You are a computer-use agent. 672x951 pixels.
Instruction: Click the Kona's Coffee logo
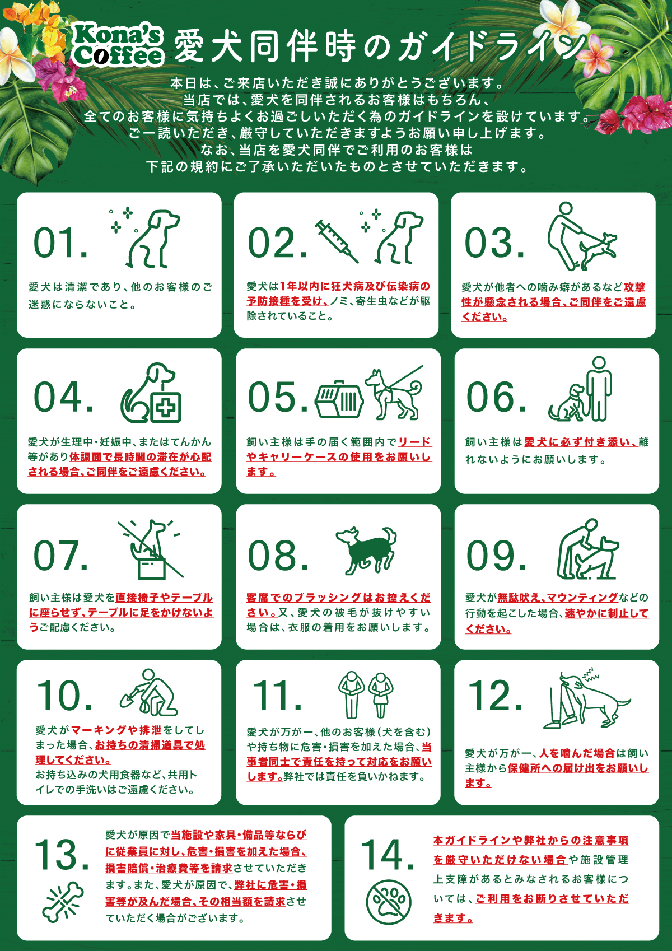click(118, 45)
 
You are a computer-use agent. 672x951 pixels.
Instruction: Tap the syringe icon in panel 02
click(337, 241)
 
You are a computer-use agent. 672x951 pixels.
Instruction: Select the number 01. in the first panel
click(60, 243)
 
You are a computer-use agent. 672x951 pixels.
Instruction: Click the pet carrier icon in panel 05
click(339, 399)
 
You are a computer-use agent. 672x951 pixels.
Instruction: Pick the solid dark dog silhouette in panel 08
click(366, 550)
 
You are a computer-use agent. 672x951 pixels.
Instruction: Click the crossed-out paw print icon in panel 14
click(389, 902)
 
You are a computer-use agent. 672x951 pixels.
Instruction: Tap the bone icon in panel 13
click(62, 902)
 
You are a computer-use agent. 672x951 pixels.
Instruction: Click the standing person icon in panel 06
click(599, 389)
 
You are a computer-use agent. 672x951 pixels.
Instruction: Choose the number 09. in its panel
click(496, 555)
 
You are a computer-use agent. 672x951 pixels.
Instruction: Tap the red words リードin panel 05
click(414, 442)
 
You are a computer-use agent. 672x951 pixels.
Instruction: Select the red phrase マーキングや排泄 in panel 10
click(116, 730)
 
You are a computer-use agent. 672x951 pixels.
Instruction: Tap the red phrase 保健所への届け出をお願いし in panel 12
click(578, 768)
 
